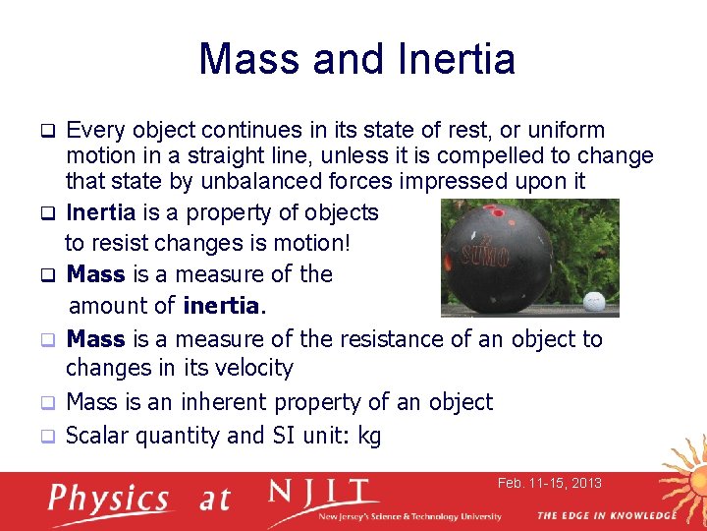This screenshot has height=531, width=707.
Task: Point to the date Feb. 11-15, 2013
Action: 549,483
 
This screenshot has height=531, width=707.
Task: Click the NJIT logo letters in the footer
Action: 321,492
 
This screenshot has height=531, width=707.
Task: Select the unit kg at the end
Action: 369,436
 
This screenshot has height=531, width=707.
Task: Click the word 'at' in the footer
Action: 214,500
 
